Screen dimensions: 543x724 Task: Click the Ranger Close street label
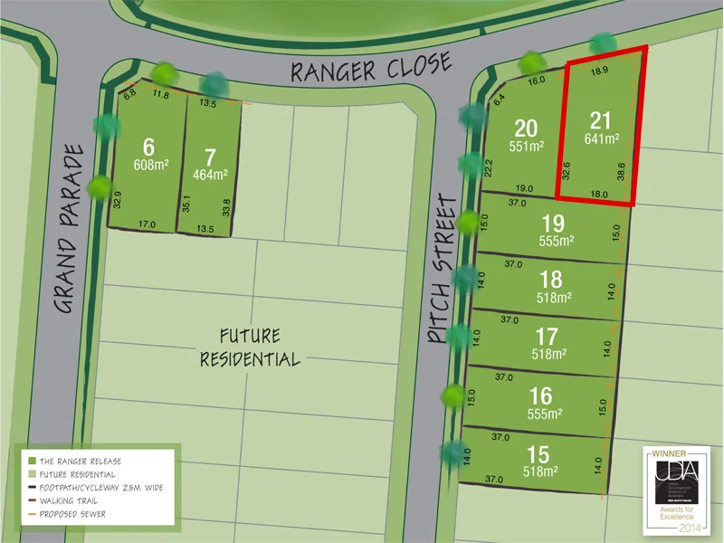tap(370, 67)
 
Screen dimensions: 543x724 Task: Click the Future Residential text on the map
tap(250, 347)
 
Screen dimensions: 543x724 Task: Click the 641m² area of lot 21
tap(602, 139)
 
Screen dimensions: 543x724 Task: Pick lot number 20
tap(526, 128)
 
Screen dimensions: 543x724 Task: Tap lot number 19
tap(553, 223)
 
